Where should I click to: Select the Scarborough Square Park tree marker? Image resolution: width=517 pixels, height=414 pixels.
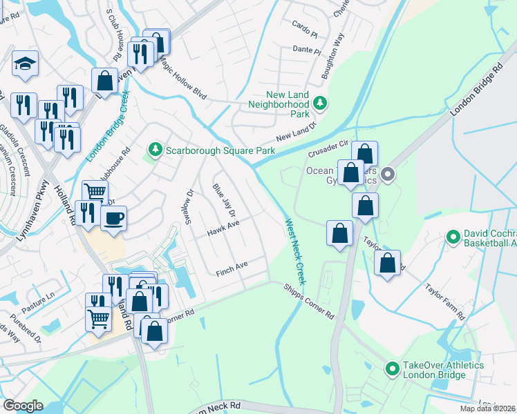point(156,150)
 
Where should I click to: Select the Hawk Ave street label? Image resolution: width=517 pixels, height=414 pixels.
point(224,228)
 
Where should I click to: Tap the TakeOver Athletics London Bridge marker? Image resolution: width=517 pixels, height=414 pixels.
point(393,369)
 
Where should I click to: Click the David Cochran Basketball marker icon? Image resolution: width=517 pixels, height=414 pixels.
point(453,238)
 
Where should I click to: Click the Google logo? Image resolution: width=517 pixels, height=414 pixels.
point(23,405)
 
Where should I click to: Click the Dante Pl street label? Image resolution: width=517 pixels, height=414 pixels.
point(307,50)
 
